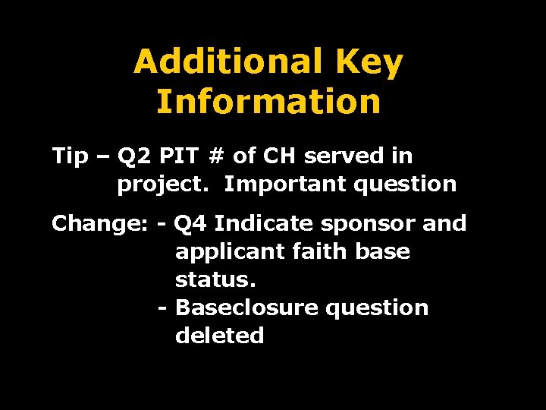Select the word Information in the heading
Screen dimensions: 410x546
[268, 102]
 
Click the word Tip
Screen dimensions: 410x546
[70, 156]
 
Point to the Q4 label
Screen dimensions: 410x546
[189, 225]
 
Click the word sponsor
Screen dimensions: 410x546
[362, 225]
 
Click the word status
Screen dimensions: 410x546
[215, 279]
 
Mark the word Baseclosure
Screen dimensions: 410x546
[246, 307]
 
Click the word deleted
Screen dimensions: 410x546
[220, 336]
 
